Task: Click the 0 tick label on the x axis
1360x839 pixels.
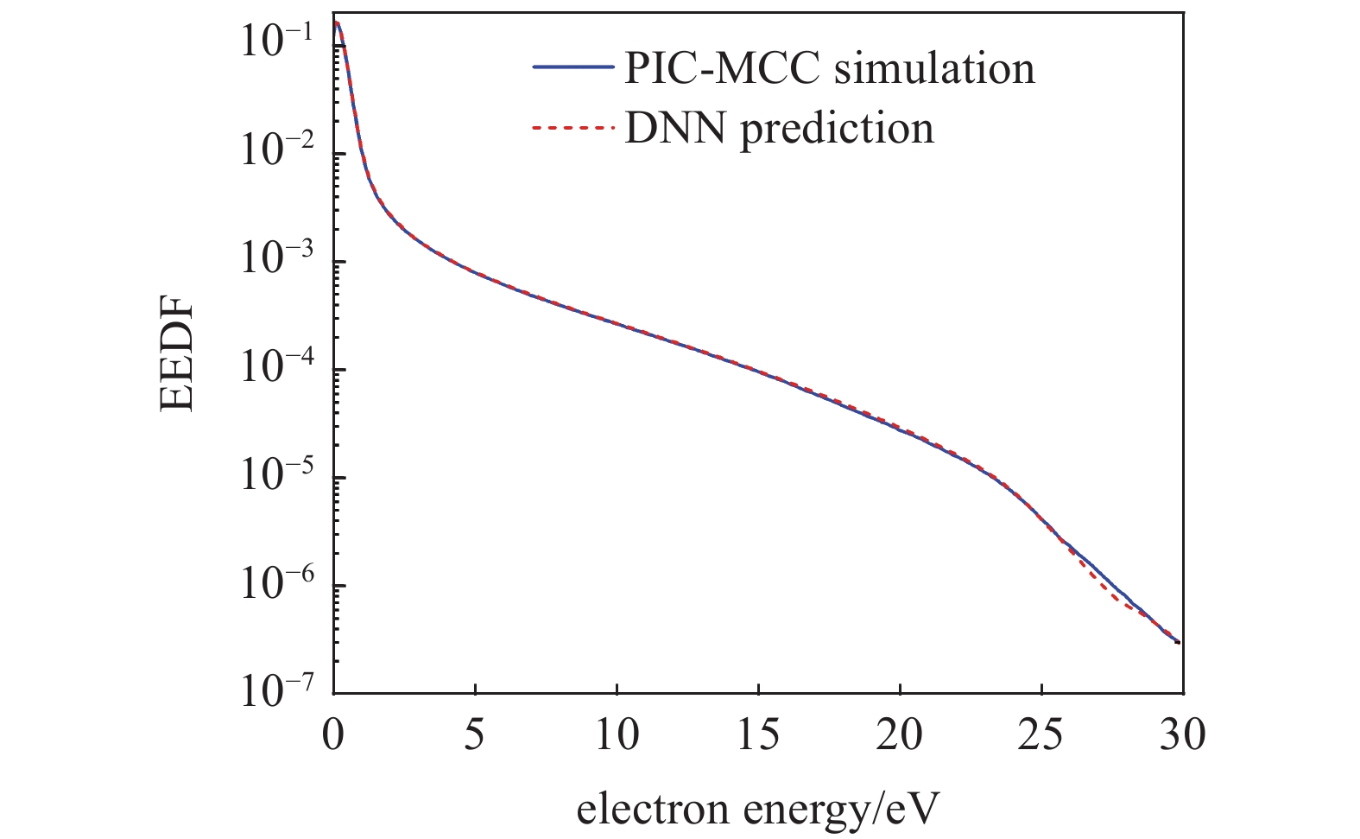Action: pyautogui.click(x=333, y=736)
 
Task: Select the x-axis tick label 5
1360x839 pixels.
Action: pyautogui.click(x=475, y=736)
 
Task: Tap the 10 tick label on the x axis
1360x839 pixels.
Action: pyautogui.click(x=616, y=736)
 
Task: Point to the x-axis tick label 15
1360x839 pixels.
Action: pyautogui.click(x=757, y=736)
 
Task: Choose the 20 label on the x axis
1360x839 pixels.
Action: pyautogui.click(x=899, y=736)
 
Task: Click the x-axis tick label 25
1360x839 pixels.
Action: pyautogui.click(x=1041, y=736)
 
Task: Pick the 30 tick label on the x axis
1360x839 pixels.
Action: pyautogui.click(x=1181, y=736)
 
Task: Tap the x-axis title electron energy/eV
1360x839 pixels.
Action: pyautogui.click(x=756, y=810)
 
